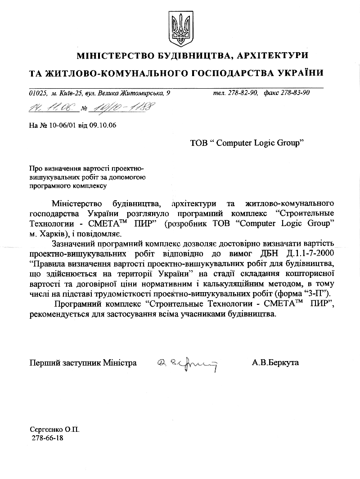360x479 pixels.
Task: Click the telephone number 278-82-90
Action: click(243, 93)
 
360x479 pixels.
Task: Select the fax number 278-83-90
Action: click(295, 93)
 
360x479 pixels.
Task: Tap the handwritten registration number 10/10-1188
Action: click(117, 107)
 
